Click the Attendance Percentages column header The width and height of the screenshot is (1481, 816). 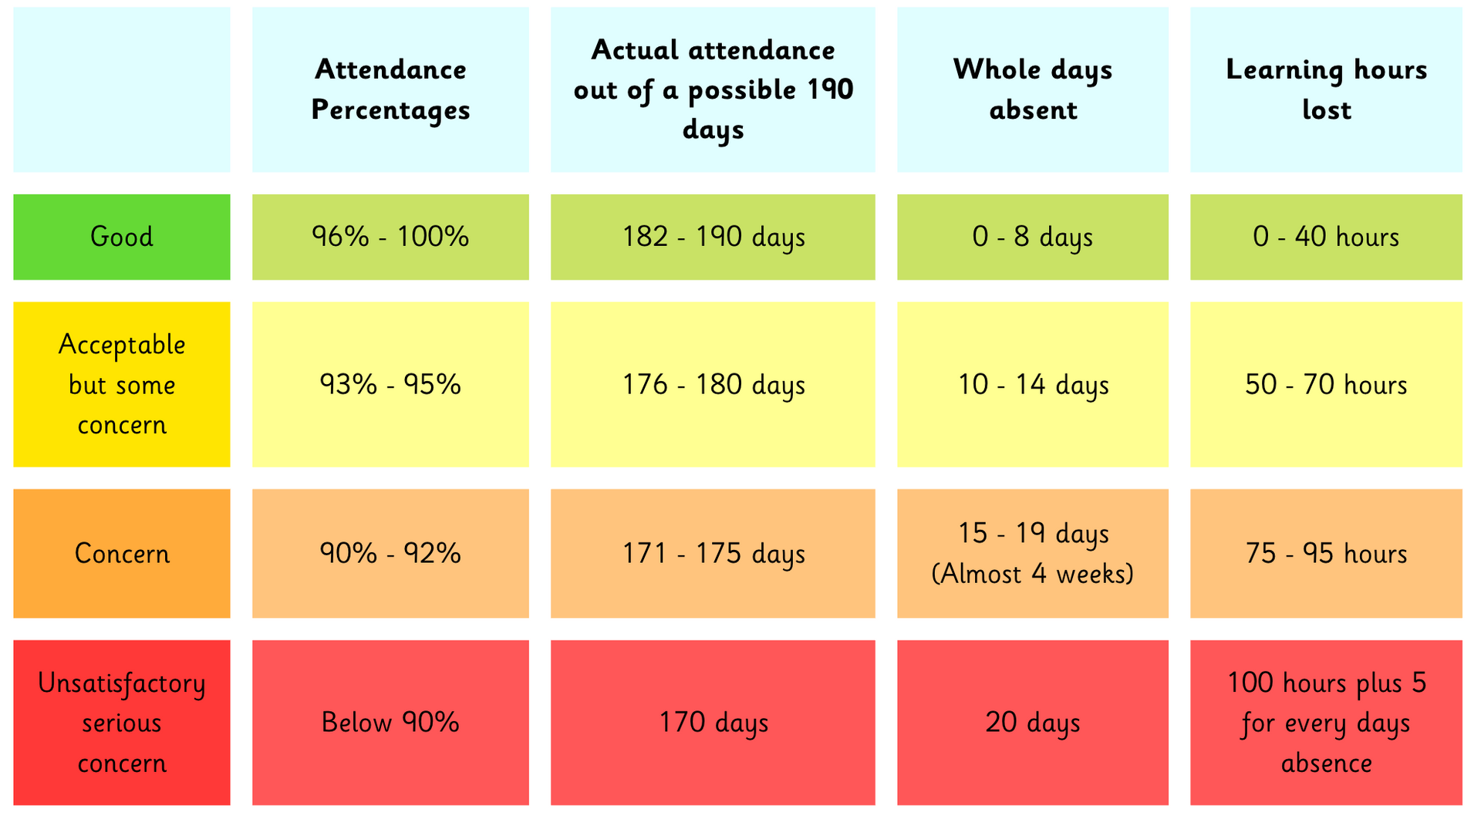coord(390,89)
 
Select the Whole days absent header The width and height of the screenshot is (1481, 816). coord(1032,89)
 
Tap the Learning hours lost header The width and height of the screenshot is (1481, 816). coord(1326,89)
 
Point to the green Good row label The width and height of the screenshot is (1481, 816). coord(122,237)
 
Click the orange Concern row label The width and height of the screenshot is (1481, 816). coord(122,553)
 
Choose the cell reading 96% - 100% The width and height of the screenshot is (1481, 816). coord(390,237)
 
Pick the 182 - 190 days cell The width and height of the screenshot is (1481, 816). coord(713,237)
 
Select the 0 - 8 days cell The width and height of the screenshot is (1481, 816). coord(1032,237)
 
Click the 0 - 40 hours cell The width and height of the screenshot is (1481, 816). coord(1326,237)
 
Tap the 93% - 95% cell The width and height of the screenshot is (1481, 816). coord(390,384)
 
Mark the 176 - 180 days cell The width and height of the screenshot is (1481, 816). coord(713,384)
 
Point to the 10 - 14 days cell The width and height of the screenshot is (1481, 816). coord(1032,384)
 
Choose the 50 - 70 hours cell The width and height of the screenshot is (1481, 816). coord(1326,384)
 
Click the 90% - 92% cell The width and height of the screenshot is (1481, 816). coord(390,553)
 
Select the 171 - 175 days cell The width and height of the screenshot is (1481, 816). coord(713,553)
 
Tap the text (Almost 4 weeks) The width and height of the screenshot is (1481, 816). coord(1032,574)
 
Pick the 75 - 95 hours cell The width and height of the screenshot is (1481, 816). coord(1326,553)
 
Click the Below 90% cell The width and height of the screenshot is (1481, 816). coord(390,723)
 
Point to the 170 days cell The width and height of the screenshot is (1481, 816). coord(713,723)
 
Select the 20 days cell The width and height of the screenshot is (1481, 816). coord(1032,723)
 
